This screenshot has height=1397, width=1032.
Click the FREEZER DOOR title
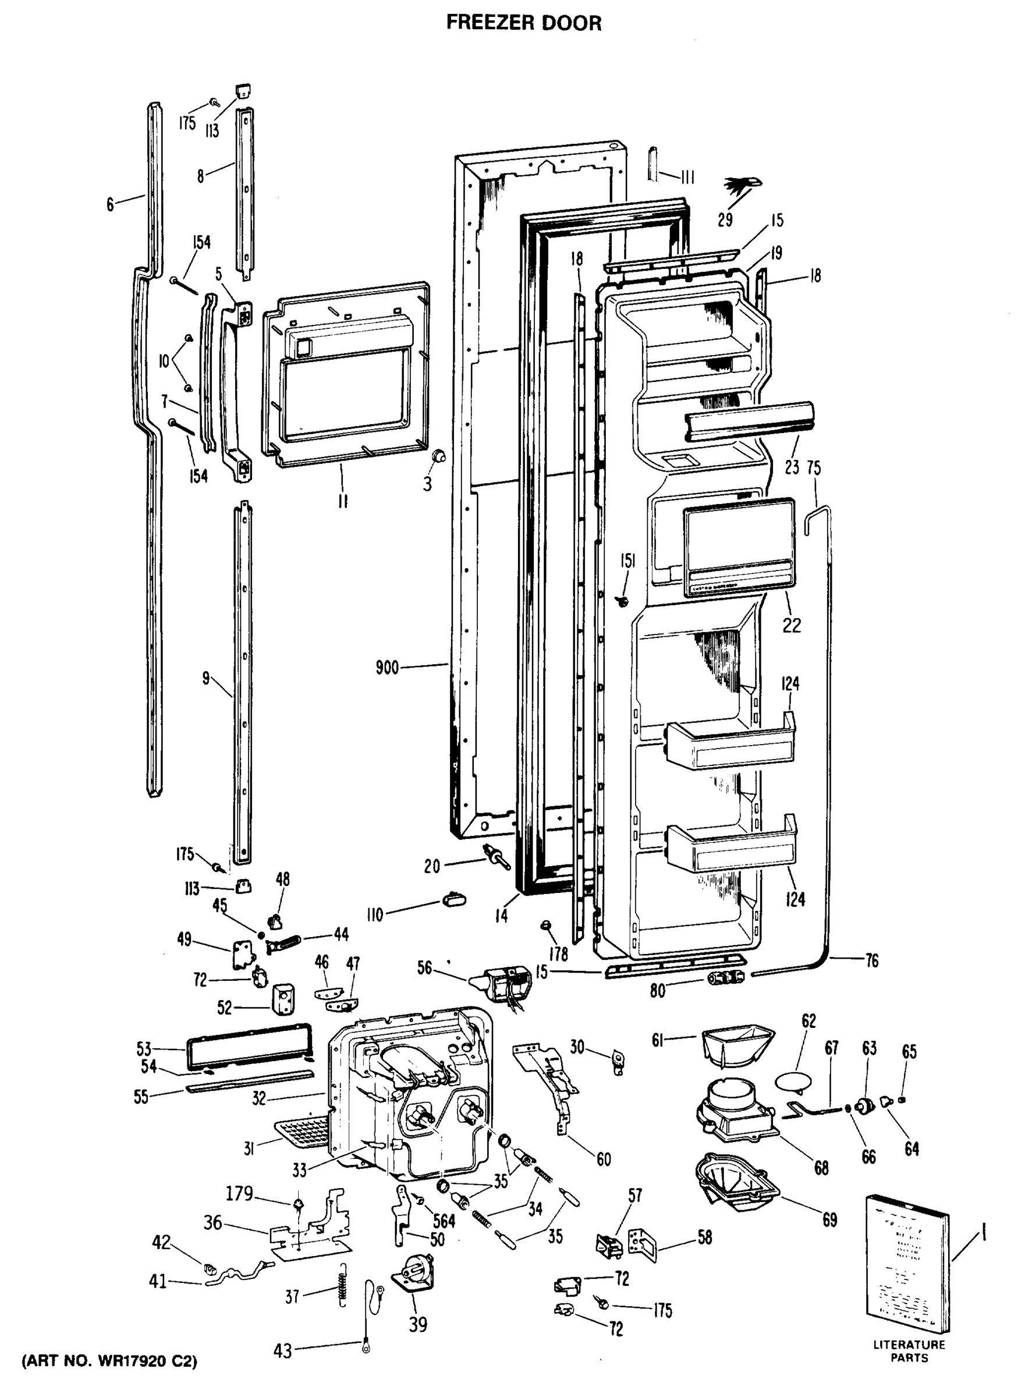523,23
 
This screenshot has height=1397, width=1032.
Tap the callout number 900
387,668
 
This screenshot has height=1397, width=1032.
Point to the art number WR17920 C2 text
110,1360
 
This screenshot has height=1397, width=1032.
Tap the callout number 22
792,625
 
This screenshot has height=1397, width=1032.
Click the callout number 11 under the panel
343,501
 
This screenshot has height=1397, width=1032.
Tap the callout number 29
725,219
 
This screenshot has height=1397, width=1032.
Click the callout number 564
445,1220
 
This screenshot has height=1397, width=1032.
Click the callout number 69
829,1219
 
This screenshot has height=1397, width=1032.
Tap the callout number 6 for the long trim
110,204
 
